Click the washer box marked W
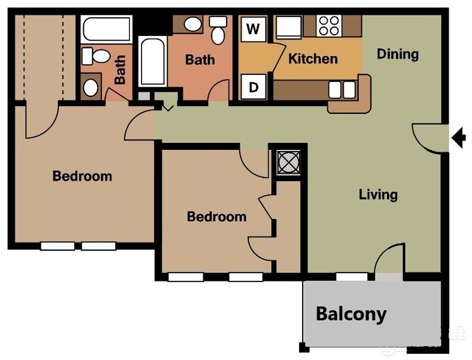[254, 29]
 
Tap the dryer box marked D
[254, 87]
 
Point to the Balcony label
[351, 313]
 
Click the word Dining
[398, 54]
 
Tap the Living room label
[378, 194]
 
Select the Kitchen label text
[313, 59]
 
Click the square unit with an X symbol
[288, 162]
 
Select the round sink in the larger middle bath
[192, 24]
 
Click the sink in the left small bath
[91, 86]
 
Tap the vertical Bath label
[120, 70]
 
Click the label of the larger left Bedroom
[82, 176]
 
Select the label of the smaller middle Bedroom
[216, 217]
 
